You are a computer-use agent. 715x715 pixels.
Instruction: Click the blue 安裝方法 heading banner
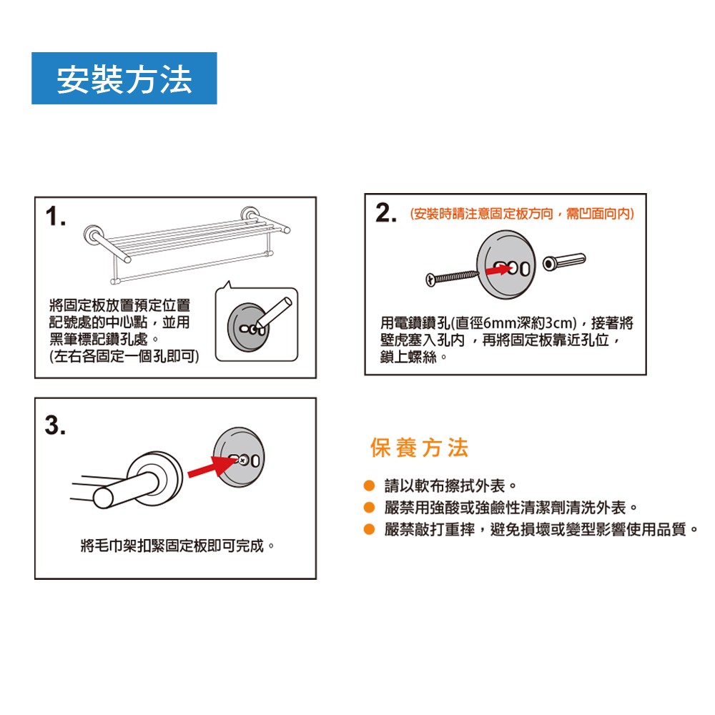(x=124, y=79)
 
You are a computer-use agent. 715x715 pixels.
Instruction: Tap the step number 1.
(x=56, y=216)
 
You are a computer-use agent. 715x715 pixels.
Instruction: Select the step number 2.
(x=386, y=213)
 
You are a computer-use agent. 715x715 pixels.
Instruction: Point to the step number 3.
(x=55, y=425)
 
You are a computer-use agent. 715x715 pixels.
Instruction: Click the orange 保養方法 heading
(x=419, y=448)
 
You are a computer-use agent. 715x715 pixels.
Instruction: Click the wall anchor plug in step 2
(x=564, y=262)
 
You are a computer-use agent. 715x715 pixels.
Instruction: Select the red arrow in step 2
(x=498, y=270)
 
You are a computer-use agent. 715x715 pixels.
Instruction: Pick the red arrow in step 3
(x=212, y=467)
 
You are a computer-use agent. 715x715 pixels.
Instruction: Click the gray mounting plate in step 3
(x=239, y=457)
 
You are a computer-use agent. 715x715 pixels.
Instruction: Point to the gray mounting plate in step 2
(x=506, y=265)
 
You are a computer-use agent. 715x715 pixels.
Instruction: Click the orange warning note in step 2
(x=522, y=214)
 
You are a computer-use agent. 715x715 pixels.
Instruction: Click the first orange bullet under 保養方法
(x=370, y=485)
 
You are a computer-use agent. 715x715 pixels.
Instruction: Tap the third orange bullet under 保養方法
(x=370, y=529)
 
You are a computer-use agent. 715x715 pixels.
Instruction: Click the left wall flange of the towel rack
(x=94, y=236)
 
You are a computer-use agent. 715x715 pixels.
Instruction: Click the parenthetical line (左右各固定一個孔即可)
(x=124, y=356)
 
